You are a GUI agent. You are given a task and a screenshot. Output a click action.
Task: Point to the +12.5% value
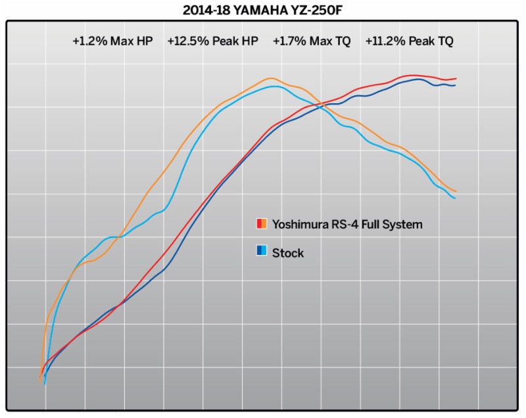click(x=185, y=41)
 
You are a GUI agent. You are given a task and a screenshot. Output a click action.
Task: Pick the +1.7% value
click(x=287, y=41)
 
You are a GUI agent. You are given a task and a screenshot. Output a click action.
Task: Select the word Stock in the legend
click(x=288, y=252)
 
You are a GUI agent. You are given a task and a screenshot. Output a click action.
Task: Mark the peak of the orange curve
click(x=271, y=78)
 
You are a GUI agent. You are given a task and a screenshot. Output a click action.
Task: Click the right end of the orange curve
click(x=456, y=191)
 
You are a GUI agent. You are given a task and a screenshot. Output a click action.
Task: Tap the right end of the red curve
click(x=456, y=79)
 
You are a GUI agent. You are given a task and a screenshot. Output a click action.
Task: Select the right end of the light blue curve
click(x=456, y=198)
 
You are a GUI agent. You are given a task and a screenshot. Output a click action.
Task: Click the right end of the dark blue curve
click(x=456, y=85)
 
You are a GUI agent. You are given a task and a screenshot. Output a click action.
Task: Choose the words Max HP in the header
click(x=130, y=41)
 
